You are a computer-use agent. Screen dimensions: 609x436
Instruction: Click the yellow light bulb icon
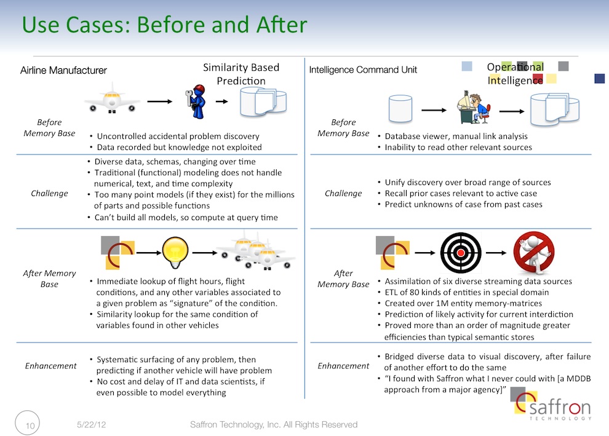[175, 252]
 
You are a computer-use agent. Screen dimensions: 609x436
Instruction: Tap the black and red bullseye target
[461, 253]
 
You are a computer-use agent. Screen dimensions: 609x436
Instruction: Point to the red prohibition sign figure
[534, 253]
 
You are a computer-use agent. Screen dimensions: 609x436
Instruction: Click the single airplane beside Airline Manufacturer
[112, 98]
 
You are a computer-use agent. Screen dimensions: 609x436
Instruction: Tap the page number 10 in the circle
[30, 426]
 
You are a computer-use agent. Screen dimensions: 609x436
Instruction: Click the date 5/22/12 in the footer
[91, 425]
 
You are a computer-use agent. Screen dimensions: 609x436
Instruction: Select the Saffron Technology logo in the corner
[551, 404]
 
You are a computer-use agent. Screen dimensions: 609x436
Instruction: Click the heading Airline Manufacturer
[63, 70]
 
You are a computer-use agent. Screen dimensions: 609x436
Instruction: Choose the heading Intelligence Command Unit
[363, 70]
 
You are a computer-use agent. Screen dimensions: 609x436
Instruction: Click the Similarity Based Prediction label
[241, 74]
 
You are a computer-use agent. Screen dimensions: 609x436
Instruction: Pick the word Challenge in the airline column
[49, 193]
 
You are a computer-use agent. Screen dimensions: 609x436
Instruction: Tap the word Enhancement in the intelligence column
[343, 366]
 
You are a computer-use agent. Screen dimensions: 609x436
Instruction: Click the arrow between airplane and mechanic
[159, 101]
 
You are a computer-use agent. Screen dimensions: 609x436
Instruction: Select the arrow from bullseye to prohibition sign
[496, 253]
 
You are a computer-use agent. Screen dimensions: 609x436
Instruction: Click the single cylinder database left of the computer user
[400, 109]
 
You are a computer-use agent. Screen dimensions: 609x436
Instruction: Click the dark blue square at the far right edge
[600, 79]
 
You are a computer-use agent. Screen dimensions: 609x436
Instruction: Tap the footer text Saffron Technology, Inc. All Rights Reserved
[273, 425]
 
